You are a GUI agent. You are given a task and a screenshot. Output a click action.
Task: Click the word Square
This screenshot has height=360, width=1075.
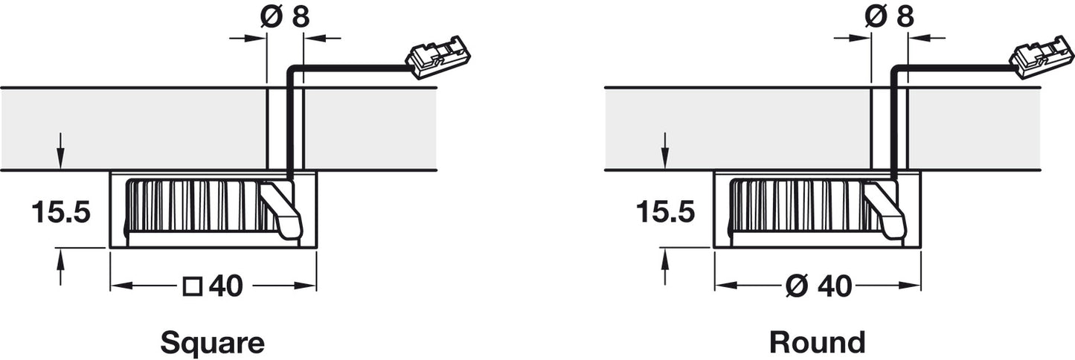(212, 343)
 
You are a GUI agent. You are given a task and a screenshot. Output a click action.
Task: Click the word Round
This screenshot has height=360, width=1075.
(818, 343)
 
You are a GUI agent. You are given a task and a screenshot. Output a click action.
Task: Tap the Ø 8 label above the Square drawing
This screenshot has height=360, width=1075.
(285, 17)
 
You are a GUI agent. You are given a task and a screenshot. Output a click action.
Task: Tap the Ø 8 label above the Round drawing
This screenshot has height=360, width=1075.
(889, 17)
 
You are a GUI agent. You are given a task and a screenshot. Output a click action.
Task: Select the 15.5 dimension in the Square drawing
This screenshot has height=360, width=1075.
(61, 212)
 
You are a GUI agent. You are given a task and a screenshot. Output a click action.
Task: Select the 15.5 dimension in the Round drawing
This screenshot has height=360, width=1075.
(666, 212)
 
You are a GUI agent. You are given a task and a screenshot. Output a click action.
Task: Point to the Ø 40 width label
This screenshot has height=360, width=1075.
(819, 286)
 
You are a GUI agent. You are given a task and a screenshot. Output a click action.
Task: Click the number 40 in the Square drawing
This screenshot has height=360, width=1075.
(226, 286)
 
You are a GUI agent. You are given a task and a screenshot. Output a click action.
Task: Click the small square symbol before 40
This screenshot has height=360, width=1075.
(193, 286)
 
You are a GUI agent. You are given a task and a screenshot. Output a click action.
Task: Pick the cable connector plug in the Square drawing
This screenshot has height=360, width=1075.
(437, 57)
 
